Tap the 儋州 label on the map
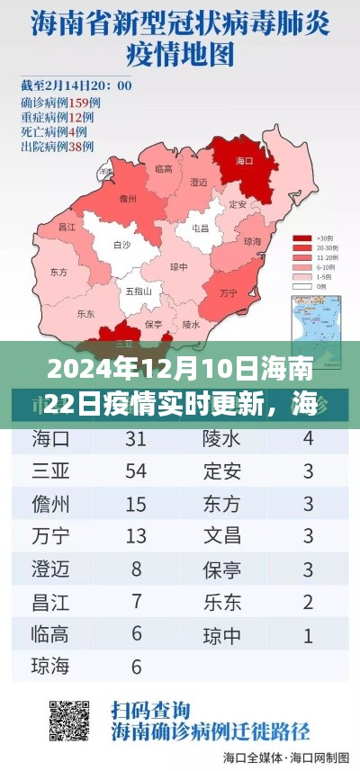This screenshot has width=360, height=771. click(x=128, y=199)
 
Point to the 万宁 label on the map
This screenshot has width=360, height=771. click(x=229, y=294)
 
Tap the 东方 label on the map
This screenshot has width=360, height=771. click(x=59, y=272)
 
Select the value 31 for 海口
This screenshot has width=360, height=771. click(x=136, y=438)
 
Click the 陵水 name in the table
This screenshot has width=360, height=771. click(x=221, y=438)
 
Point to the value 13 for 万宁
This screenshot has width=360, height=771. click(x=136, y=537)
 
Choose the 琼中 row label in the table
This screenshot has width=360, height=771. click(x=221, y=635)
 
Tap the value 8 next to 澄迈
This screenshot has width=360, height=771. click(x=136, y=569)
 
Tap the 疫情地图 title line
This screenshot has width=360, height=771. click(x=179, y=53)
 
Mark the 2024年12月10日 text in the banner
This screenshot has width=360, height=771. click(x=99, y=369)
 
